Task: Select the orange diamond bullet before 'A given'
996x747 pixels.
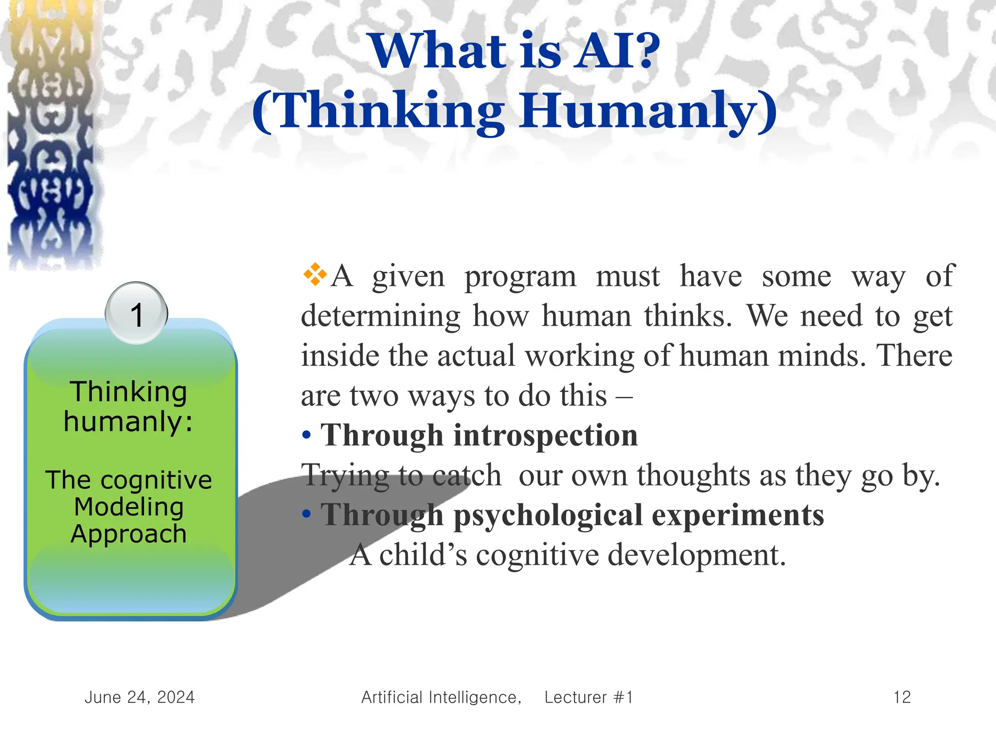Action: point(315,274)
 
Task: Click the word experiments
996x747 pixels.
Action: point(738,515)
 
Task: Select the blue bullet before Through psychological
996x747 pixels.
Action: point(306,515)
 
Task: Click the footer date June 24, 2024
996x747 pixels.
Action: point(140,697)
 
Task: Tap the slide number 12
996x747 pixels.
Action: point(902,697)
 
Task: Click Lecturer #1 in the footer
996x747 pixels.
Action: point(588,697)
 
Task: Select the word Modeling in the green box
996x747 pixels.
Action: point(129,507)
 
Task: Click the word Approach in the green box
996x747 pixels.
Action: point(129,534)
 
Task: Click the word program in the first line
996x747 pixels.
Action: point(520,277)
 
